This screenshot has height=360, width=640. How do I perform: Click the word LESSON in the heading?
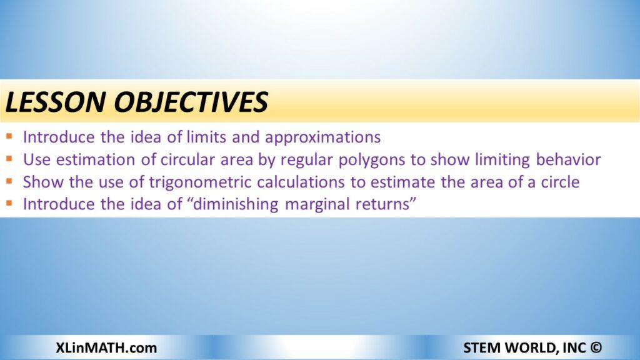click(x=56, y=102)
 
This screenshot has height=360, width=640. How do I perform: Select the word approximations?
click(x=323, y=137)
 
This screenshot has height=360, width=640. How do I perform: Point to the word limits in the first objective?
click(x=206, y=137)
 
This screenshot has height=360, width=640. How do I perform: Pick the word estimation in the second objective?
click(x=96, y=159)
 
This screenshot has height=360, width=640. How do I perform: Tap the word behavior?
click(x=568, y=159)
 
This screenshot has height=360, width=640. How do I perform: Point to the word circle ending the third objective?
click(x=560, y=182)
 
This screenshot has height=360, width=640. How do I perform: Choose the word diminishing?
click(x=236, y=204)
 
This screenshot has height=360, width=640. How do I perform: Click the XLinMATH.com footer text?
click(x=106, y=347)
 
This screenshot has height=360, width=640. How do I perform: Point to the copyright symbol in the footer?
click(x=596, y=347)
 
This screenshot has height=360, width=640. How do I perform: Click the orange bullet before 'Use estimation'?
click(x=9, y=158)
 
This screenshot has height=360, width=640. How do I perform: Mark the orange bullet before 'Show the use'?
click(x=9, y=181)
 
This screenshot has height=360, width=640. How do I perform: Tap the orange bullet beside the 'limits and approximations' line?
click(x=9, y=136)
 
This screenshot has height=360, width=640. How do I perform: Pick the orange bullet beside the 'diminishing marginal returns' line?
click(x=9, y=203)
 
